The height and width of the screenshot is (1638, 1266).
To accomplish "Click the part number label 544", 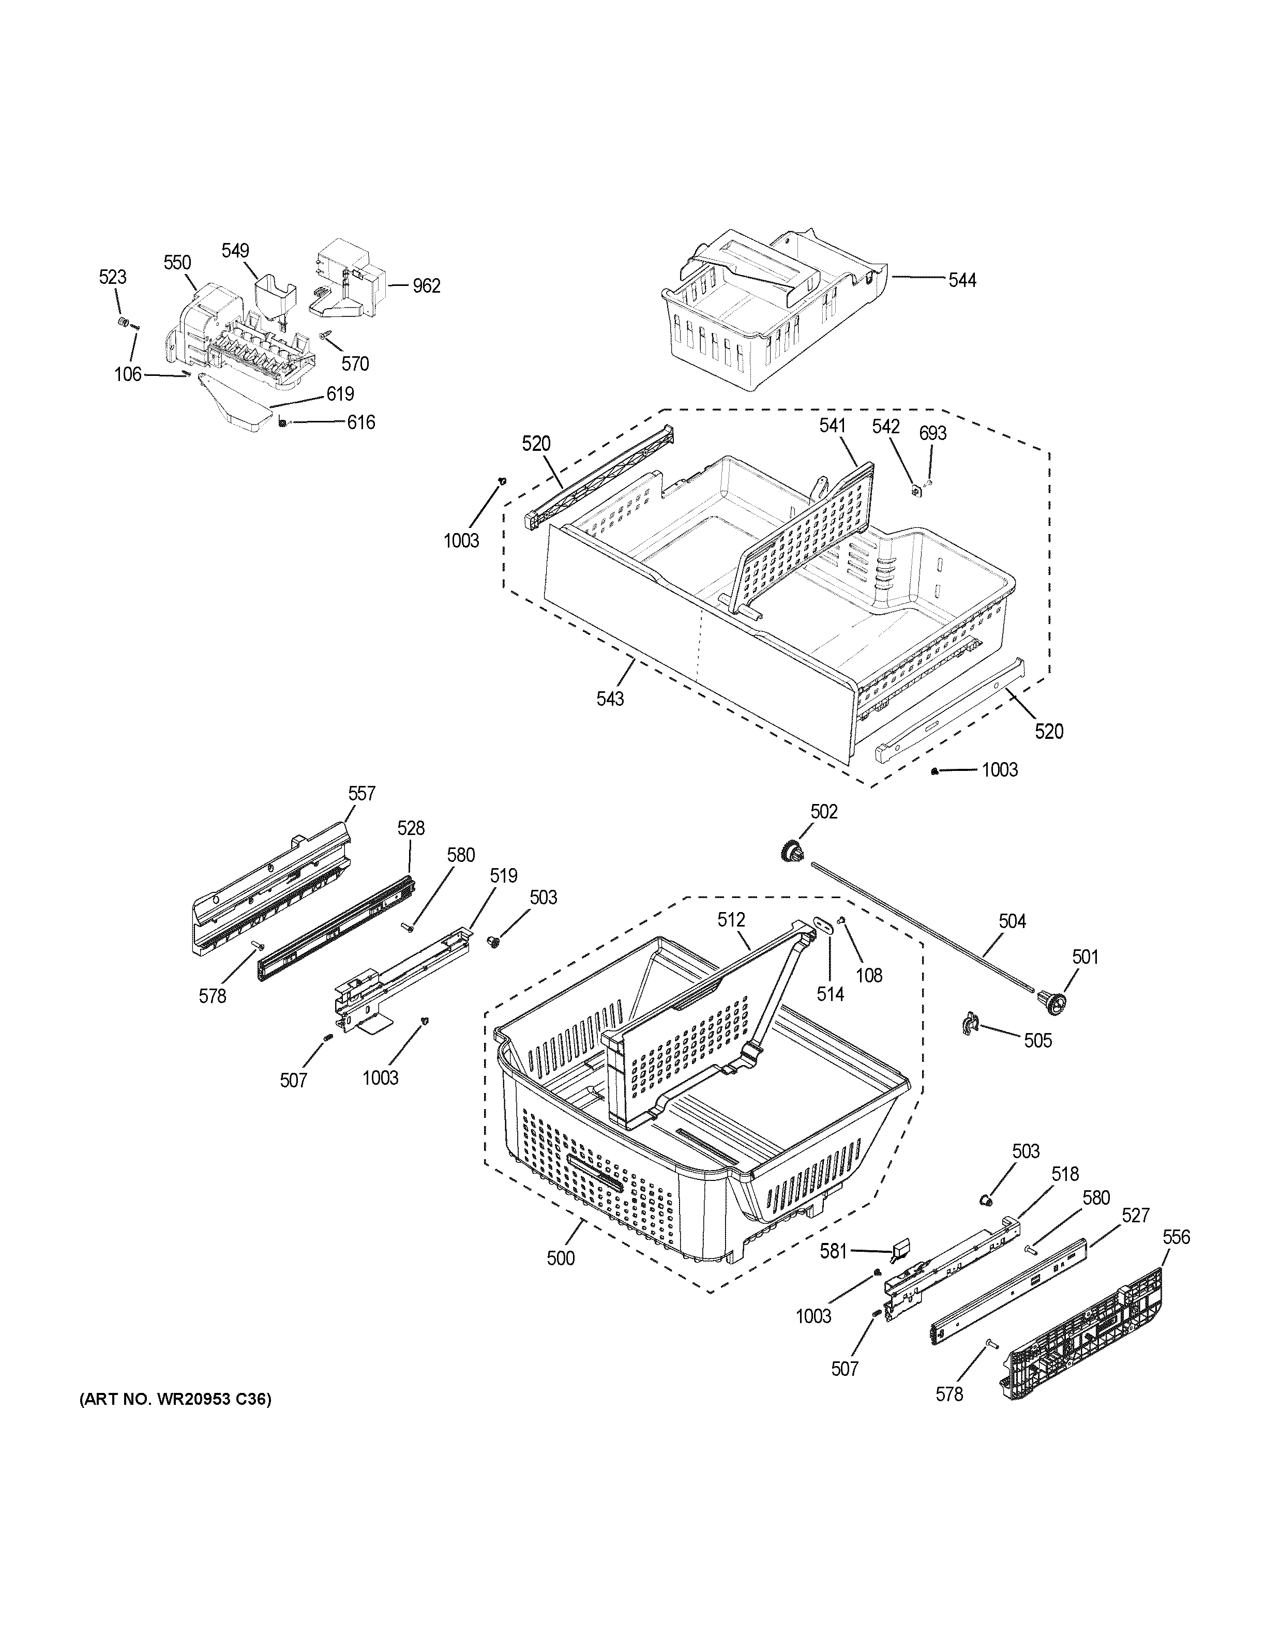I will [x=962, y=281].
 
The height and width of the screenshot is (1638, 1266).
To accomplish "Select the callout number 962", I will [x=426, y=286].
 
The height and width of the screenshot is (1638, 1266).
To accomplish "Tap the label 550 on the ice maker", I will [x=178, y=263].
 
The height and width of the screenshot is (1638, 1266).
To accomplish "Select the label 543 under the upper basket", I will [x=610, y=699].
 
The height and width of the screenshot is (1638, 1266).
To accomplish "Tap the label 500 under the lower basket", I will [x=560, y=1258].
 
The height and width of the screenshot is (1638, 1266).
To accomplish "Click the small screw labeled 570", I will [x=327, y=338].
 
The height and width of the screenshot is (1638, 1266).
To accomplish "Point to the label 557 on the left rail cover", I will [x=361, y=794].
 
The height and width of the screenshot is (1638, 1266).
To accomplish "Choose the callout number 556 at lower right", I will [x=1175, y=1237].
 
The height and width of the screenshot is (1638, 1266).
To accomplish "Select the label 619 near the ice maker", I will [x=340, y=395].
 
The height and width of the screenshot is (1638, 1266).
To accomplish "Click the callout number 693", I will [x=932, y=433].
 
